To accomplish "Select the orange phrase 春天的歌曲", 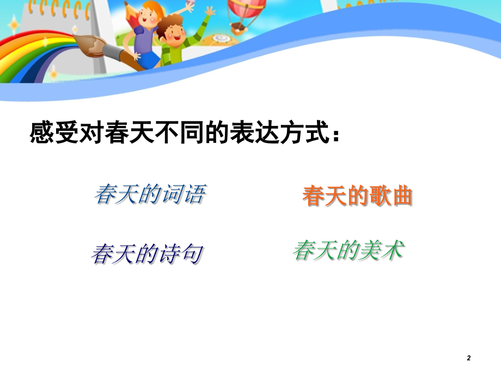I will coord(357,197).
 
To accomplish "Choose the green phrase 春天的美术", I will coord(349,251).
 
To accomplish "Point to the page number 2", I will coord(469,357).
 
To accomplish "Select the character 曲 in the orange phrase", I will coord(401,197).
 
